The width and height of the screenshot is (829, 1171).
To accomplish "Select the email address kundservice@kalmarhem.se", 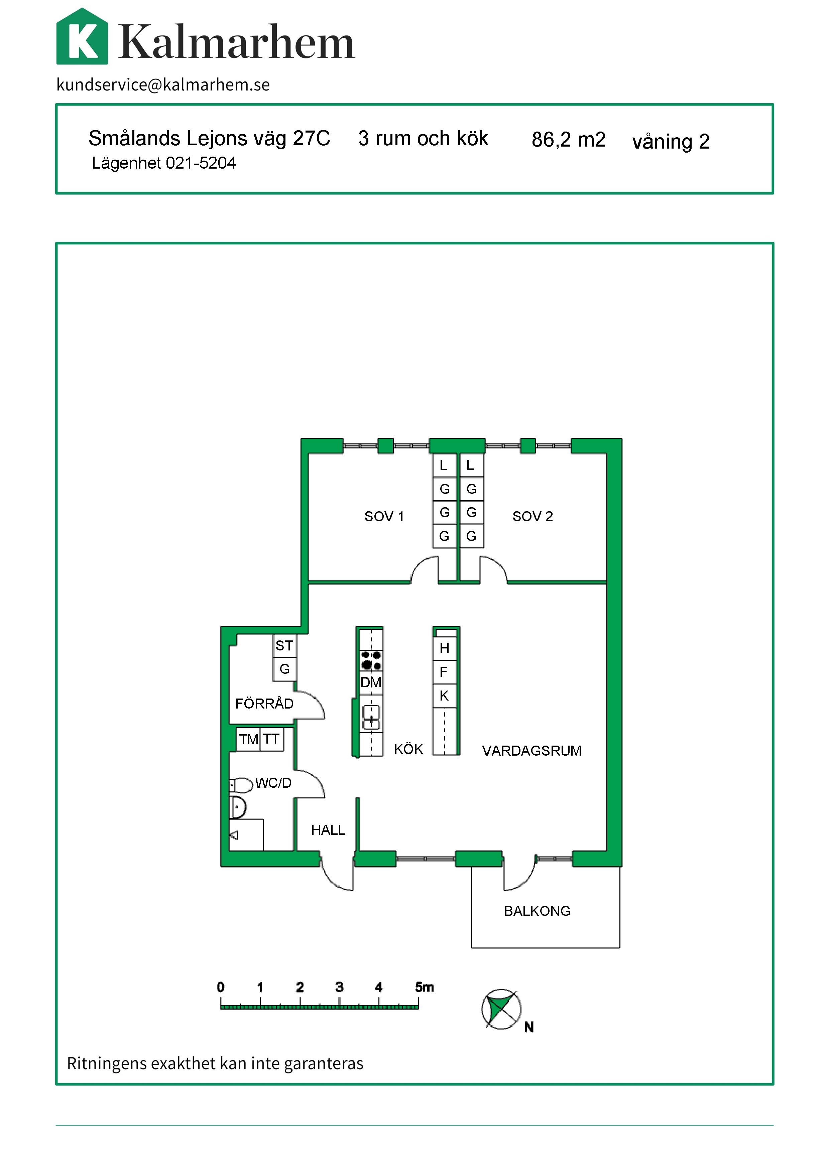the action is tap(163, 85).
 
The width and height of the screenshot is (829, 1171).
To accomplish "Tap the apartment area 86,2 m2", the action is tap(568, 139).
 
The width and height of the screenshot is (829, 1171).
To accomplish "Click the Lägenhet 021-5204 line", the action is tap(163, 163).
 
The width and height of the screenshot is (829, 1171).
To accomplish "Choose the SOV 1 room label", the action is tap(384, 517).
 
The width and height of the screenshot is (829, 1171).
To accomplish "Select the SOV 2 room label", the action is tap(532, 517).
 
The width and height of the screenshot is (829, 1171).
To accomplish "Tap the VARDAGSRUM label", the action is tap(532, 751).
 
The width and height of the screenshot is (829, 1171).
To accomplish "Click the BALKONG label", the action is tap(537, 911).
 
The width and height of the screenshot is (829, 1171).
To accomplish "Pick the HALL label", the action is tap(328, 830).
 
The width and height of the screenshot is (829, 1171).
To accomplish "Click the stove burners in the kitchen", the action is tap(371, 660).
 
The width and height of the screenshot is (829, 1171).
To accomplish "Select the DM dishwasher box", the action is tap(371, 682).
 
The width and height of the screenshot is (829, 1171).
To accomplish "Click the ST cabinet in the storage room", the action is tap(284, 646).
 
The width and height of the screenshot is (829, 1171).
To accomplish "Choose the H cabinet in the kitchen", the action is tap(444, 648).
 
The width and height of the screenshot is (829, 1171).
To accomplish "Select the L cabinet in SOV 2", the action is tap(471, 465).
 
